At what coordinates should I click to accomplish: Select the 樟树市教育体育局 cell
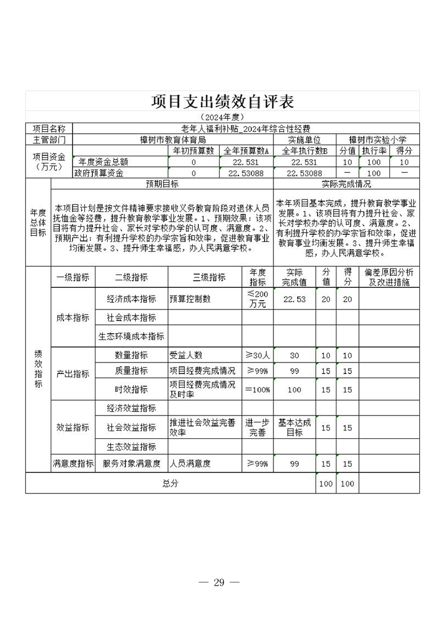pos(173,140)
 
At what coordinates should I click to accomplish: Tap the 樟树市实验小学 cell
pos(378,140)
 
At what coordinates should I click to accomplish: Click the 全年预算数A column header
pos(245,151)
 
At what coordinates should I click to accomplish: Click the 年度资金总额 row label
pos(103,162)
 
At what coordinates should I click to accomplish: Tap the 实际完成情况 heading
pos(346,184)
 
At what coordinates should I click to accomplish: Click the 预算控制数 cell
pos(191,299)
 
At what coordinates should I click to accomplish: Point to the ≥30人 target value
pos(257,355)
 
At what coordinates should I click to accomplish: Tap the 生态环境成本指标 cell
pos(131,336)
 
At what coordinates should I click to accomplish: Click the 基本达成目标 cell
pos(294,427)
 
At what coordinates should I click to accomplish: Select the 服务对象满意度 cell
pos(131,464)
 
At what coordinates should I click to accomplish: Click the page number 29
pos(219,582)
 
